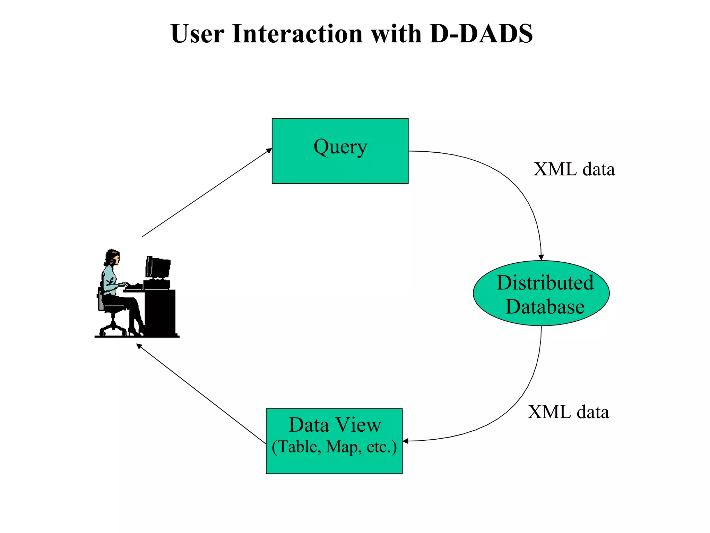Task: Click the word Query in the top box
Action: coord(340,147)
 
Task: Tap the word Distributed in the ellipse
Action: coord(545,282)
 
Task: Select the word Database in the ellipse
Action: coord(545,307)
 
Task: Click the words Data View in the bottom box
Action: coord(335,425)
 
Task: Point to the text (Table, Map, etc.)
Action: coord(334,447)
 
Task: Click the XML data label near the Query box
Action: coord(574,169)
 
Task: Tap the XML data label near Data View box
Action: coord(568,412)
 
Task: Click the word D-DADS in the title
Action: coord(481,34)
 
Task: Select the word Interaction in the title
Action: coord(297,34)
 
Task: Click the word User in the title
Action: coord(197,34)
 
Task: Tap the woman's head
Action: coord(113,257)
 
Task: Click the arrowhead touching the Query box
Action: coord(269,150)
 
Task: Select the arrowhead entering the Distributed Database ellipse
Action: coord(541,257)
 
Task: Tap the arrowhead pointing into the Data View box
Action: coord(405,441)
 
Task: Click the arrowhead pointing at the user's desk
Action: coord(139,346)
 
